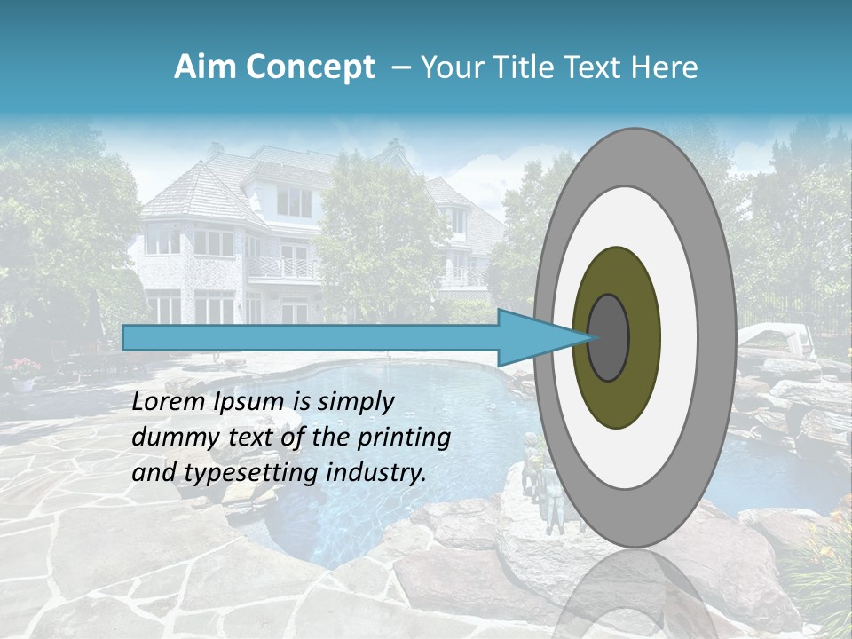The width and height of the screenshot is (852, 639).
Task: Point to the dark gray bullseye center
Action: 609,337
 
